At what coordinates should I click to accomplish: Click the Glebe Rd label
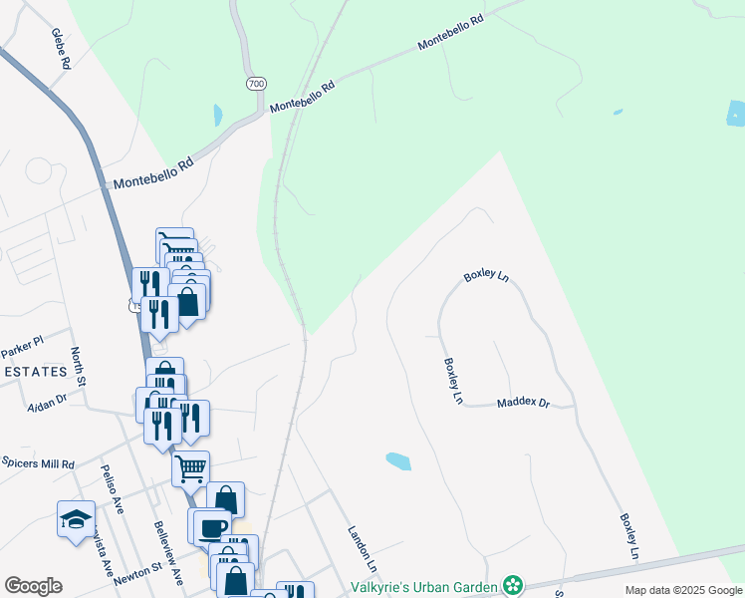(62, 48)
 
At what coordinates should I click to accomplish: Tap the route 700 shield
(257, 85)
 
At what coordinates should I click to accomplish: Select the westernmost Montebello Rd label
(151, 176)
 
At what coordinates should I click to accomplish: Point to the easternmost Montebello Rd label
(457, 33)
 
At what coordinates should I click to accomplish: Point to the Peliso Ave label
(112, 491)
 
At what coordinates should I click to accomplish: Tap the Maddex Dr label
(523, 403)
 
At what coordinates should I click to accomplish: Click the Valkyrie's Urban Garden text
(423, 586)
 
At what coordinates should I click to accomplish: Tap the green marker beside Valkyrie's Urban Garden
(513, 584)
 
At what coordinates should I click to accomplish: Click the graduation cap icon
(75, 518)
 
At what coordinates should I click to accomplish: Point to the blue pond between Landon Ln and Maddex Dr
(397, 460)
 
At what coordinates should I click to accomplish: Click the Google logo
(33, 586)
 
